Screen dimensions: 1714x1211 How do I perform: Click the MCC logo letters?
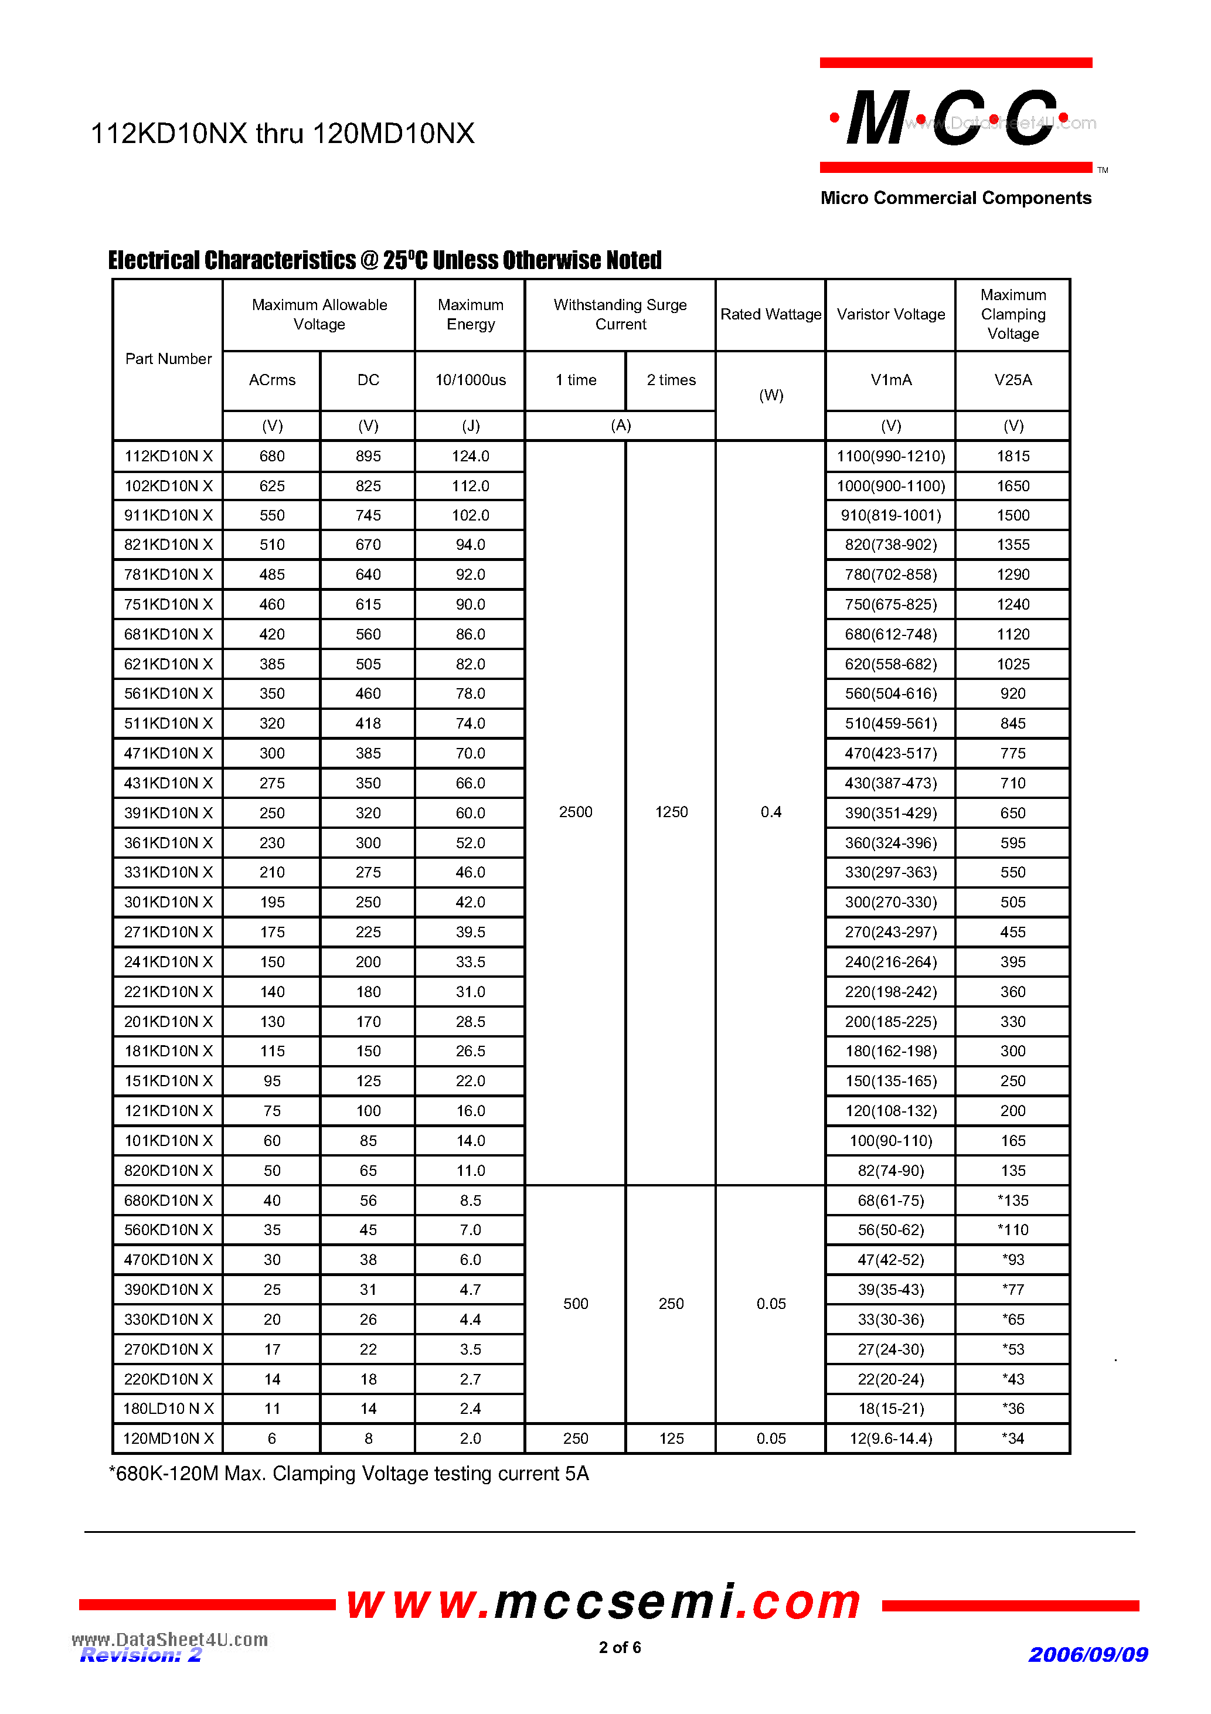coord(952,118)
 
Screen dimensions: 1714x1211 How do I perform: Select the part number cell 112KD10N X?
coord(168,456)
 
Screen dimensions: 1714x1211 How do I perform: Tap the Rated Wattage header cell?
coord(770,314)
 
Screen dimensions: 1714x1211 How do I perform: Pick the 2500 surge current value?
coord(575,812)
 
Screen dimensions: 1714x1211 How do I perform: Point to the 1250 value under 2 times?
coord(671,812)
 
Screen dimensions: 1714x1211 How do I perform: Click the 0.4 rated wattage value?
coord(770,812)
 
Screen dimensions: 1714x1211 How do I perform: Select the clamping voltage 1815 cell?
coord(1012,456)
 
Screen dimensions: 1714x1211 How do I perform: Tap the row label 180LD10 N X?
coord(168,1409)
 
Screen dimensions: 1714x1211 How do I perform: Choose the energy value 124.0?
coord(470,456)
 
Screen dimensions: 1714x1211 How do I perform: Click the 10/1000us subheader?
coord(470,380)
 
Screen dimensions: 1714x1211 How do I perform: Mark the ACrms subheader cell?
coord(272,380)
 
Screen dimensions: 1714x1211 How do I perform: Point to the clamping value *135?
coord(1012,1201)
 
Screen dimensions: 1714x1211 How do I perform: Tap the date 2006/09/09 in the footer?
coord(1087,1655)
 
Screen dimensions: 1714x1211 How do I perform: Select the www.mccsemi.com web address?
coord(604,1603)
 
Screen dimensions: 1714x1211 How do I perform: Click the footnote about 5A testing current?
coord(349,1474)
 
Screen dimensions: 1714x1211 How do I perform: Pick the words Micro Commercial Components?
coord(955,198)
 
